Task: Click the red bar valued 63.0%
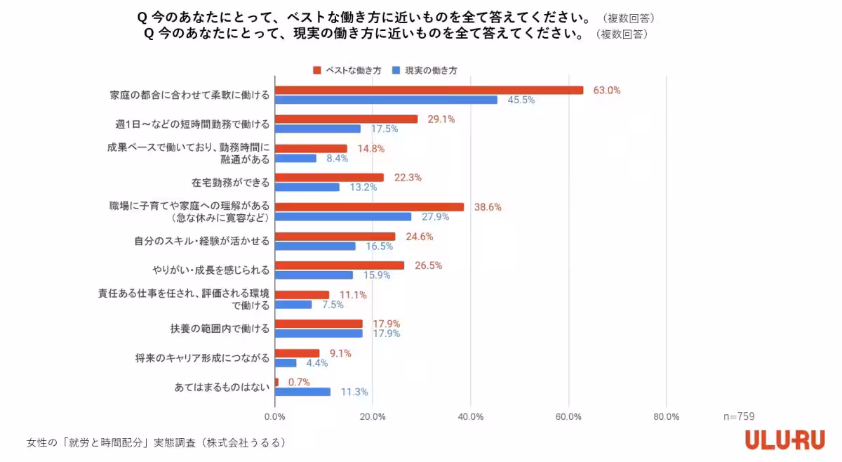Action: [x=429, y=90]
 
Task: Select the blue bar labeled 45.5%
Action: [x=386, y=100]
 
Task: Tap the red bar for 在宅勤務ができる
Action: [x=329, y=178]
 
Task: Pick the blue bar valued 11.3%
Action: [x=302, y=392]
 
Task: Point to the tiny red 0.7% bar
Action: [x=276, y=382]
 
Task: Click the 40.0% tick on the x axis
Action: [x=471, y=416]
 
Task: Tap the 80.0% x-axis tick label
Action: [x=666, y=416]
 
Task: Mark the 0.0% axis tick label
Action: [x=274, y=416]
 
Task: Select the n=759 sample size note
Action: [x=739, y=416]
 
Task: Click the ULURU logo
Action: [x=785, y=440]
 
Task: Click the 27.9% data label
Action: [x=435, y=217]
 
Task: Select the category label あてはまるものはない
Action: [x=221, y=387]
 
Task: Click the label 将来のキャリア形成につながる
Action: [x=202, y=358]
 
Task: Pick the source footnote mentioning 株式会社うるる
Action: [x=156, y=443]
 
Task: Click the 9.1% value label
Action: [x=340, y=353]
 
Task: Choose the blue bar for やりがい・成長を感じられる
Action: [x=314, y=275]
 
